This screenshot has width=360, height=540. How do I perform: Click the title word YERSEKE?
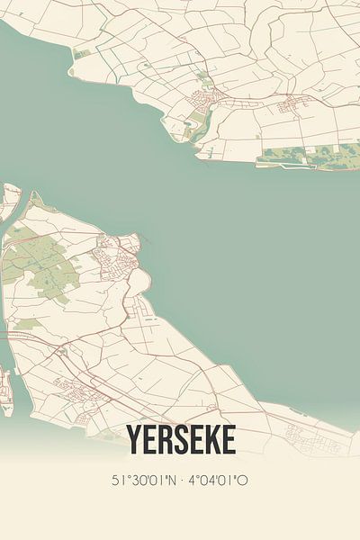[181, 441]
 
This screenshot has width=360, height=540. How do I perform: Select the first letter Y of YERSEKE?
[134, 441]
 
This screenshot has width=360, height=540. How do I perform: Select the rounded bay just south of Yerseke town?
[141, 286]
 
